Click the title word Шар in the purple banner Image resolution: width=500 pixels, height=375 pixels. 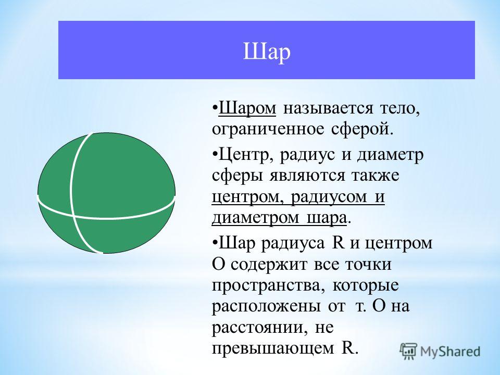point(267,52)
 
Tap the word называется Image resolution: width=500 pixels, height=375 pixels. point(328,109)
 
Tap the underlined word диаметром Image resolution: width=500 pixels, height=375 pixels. point(255,218)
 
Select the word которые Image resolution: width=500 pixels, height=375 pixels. point(366,285)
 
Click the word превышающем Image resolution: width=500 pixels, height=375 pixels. point(273,349)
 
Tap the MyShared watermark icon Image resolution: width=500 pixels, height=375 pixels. point(408,351)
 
